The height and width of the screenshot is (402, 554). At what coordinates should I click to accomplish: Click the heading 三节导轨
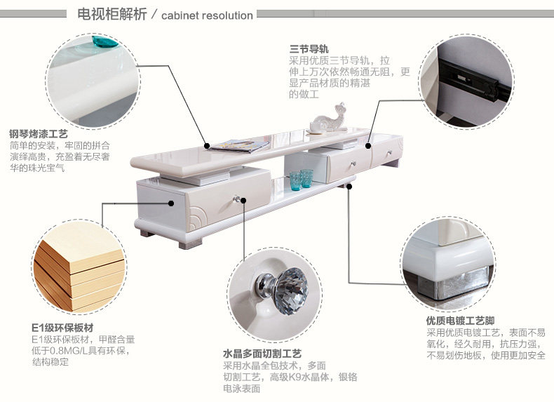309,49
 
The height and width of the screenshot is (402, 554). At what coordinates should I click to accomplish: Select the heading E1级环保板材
62,328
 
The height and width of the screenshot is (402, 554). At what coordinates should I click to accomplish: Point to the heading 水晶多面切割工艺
262,354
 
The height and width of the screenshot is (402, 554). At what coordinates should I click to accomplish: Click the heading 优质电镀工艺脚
465,321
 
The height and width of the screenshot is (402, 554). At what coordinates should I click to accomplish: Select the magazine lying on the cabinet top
239,146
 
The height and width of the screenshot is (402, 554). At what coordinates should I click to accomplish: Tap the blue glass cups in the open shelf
300,179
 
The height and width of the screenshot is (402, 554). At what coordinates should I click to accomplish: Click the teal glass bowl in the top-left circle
106,42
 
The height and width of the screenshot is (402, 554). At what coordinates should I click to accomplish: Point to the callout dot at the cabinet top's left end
208,146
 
